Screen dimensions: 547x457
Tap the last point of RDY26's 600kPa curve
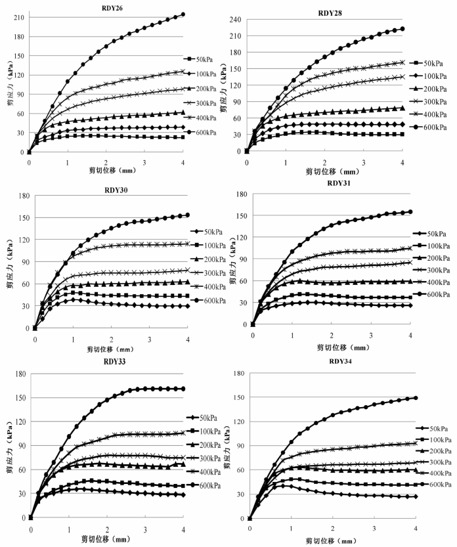(x=183, y=14)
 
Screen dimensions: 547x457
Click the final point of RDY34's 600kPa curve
(x=416, y=398)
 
